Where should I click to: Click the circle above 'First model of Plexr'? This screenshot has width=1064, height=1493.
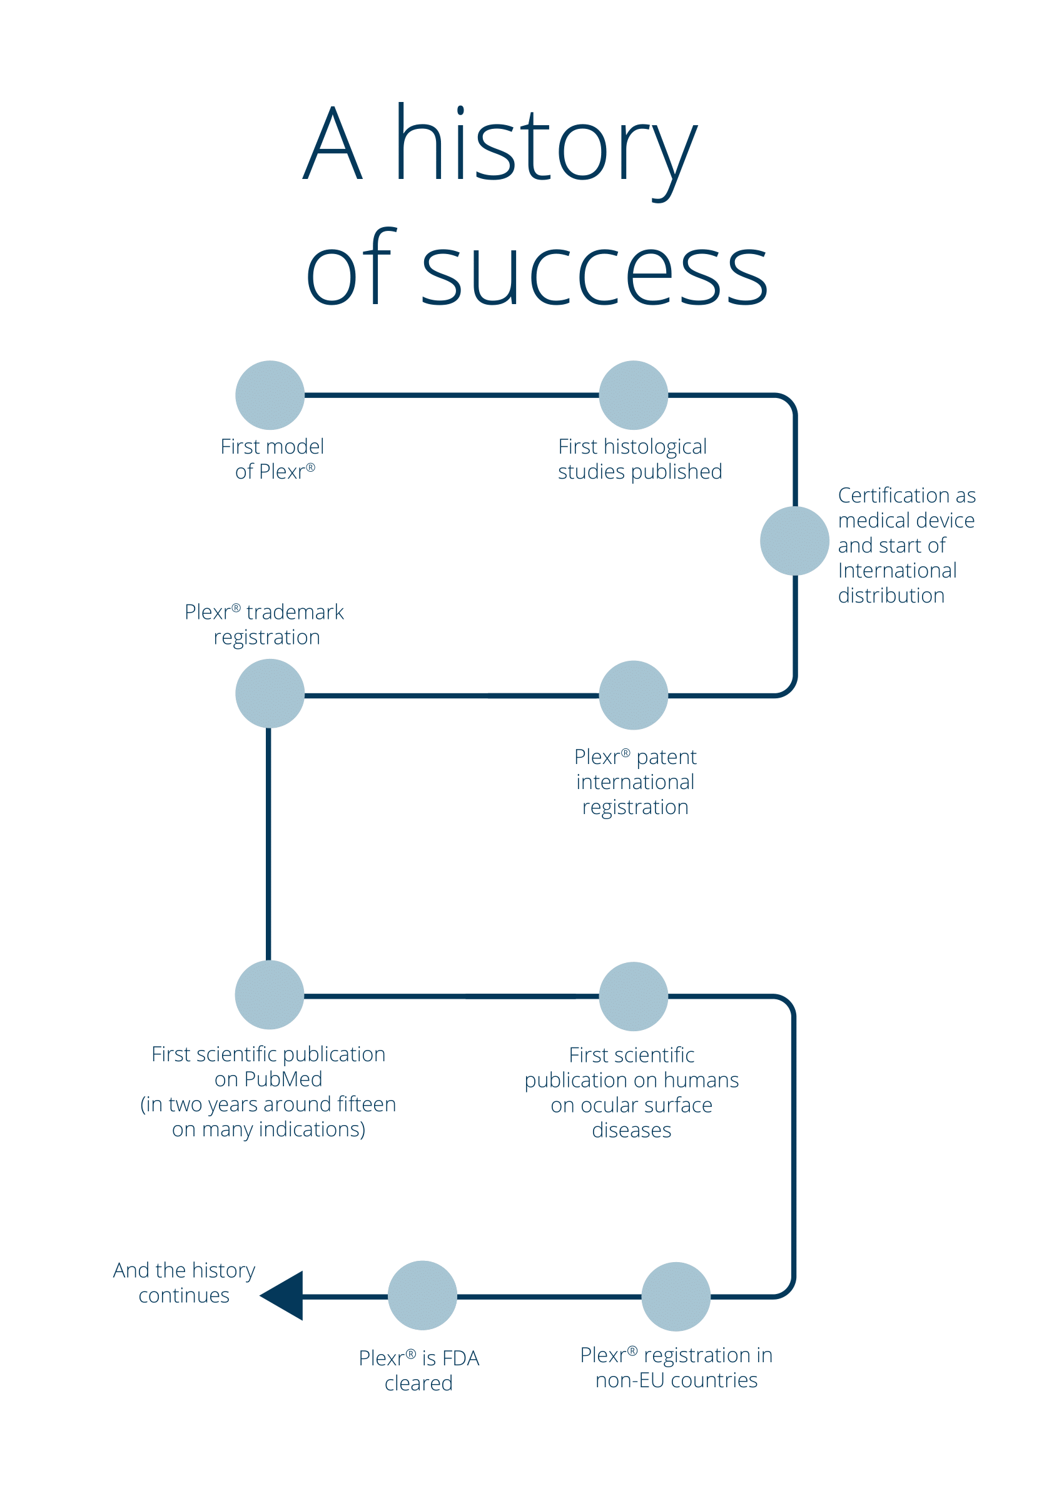click(x=270, y=395)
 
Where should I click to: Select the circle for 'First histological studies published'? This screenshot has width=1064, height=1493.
click(x=633, y=395)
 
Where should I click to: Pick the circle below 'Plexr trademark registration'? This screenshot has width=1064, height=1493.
click(x=270, y=693)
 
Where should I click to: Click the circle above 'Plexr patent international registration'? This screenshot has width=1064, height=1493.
click(x=633, y=695)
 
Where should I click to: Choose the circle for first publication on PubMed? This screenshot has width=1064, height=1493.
click(x=269, y=994)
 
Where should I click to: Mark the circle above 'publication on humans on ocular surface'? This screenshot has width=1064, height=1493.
click(x=633, y=996)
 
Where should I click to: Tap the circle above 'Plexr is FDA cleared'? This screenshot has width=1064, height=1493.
click(x=422, y=1295)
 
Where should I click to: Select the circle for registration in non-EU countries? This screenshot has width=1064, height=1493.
click(x=676, y=1297)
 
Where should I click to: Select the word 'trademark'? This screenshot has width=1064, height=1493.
click(x=295, y=612)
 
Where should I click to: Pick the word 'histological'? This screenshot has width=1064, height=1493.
click(x=654, y=447)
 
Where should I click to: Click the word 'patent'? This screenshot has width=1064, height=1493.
click(x=666, y=757)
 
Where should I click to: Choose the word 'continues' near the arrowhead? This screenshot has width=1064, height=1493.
click(x=184, y=1295)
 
